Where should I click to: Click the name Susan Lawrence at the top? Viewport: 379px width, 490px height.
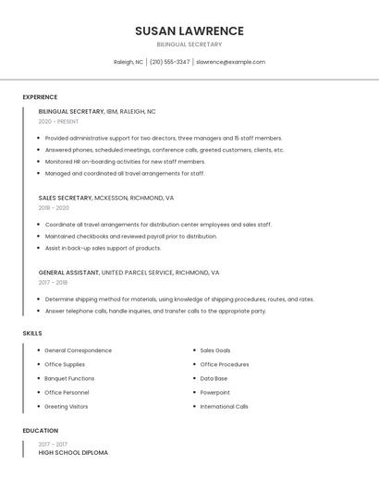tap(189, 31)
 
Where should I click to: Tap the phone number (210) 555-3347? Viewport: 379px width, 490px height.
tap(169, 62)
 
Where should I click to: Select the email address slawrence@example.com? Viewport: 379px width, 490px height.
tap(230, 62)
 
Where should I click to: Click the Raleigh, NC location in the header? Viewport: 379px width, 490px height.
tap(128, 62)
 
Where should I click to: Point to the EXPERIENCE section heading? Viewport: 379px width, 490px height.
tap(40, 97)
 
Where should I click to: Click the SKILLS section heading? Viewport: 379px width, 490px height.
tap(32, 333)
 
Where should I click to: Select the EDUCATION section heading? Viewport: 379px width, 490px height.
tap(41, 431)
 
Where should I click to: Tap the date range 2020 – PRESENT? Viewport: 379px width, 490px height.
tap(58, 122)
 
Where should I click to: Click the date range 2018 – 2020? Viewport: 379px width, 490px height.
tap(54, 208)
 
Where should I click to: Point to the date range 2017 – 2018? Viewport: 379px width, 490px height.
tap(54, 283)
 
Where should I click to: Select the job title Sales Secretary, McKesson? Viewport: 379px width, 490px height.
tap(105, 198)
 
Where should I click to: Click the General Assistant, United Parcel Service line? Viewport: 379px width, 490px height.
tap(128, 273)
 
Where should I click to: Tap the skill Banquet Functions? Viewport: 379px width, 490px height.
tap(69, 378)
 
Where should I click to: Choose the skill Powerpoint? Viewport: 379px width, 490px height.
tap(215, 392)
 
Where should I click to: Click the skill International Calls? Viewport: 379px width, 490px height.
tap(225, 406)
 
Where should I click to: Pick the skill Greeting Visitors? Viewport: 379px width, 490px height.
tap(67, 406)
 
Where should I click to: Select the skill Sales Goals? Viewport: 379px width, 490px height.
tap(215, 350)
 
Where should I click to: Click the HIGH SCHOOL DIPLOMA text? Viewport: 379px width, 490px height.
tap(73, 453)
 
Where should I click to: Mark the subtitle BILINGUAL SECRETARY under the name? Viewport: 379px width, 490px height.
tap(189, 44)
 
